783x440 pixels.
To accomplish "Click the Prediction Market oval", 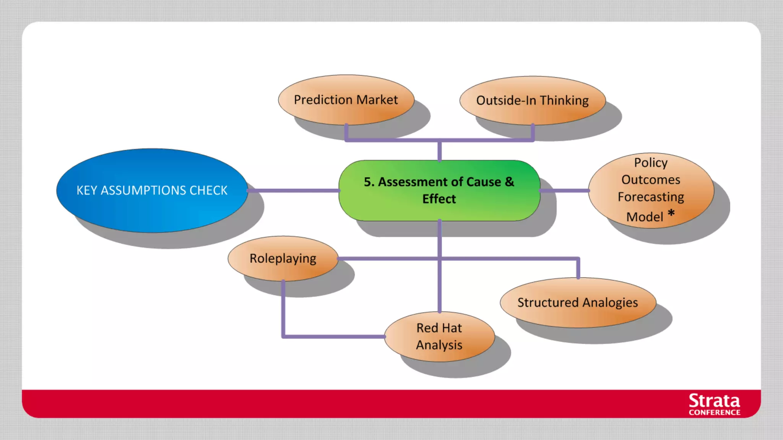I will click(346, 100).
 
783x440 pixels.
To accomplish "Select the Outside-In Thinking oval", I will click(532, 100).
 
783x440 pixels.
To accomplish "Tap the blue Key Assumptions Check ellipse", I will click(152, 190).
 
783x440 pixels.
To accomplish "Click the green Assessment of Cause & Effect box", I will click(439, 190).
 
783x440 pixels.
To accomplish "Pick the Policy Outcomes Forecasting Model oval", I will click(651, 190).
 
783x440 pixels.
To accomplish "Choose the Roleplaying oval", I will click(283, 259).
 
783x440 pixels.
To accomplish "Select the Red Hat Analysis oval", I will click(439, 336).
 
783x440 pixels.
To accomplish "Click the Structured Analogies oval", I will click(578, 302).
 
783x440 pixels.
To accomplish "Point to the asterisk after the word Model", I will click(671, 213).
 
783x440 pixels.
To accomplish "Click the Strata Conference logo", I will click(714, 404).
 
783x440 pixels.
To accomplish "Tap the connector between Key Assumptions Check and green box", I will click(293, 190).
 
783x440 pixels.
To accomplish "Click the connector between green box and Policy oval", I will click(564, 190).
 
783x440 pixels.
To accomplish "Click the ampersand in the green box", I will click(509, 182).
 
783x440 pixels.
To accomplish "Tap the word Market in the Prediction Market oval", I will click(377, 100).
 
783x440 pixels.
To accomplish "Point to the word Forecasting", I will click(651, 197).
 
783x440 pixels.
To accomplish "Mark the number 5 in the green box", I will click(367, 182).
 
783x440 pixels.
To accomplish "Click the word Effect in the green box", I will click(439, 199).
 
